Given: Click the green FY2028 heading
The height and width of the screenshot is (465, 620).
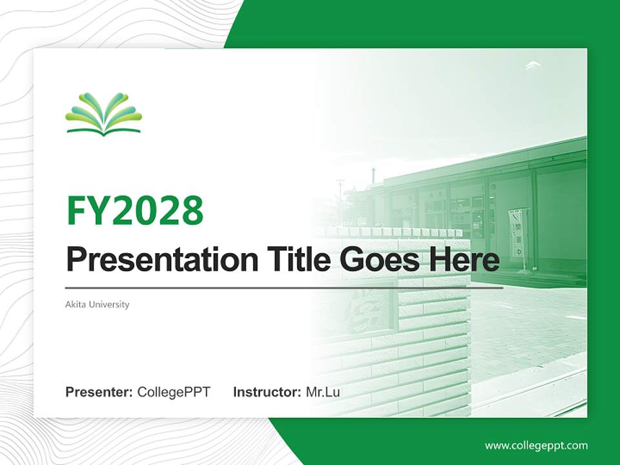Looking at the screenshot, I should pyautogui.click(x=135, y=211).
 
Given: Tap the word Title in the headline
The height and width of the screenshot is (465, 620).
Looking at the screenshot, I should pyautogui.click(x=295, y=260).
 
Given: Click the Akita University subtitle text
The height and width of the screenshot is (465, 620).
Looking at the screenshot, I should pyautogui.click(x=98, y=304).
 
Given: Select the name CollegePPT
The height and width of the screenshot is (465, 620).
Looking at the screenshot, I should pyautogui.click(x=174, y=392).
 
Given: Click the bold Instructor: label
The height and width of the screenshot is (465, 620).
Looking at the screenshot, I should pyautogui.click(x=267, y=392).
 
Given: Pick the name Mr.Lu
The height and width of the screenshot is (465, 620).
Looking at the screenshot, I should pyautogui.click(x=323, y=392).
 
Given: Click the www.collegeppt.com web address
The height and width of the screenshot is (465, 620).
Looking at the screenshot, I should pyautogui.click(x=536, y=446).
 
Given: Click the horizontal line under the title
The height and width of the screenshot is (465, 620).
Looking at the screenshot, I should pyautogui.click(x=284, y=288).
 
